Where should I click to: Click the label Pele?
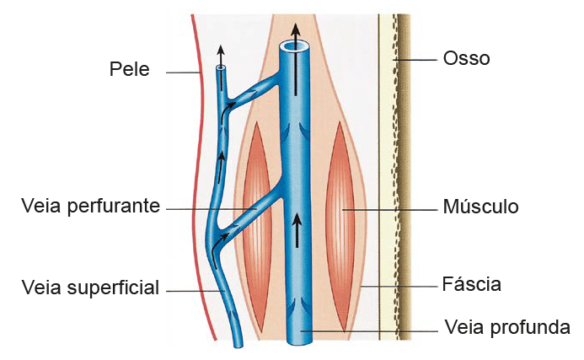pos(129,69)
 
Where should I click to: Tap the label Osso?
pos(466,58)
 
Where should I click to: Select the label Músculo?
pos(481,206)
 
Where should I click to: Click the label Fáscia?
pos(472,283)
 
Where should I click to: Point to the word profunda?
pos(531,327)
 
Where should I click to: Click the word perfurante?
pos(113,207)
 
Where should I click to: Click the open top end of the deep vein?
pos(295,46)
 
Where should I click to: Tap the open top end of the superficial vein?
pos(222,68)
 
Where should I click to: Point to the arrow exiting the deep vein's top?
pos(295,59)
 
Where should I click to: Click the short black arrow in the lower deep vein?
pos(297,230)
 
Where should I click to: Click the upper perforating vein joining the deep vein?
pos(254,90)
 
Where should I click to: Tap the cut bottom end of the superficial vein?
pos(238,345)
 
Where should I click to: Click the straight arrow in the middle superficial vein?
pos(221,168)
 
